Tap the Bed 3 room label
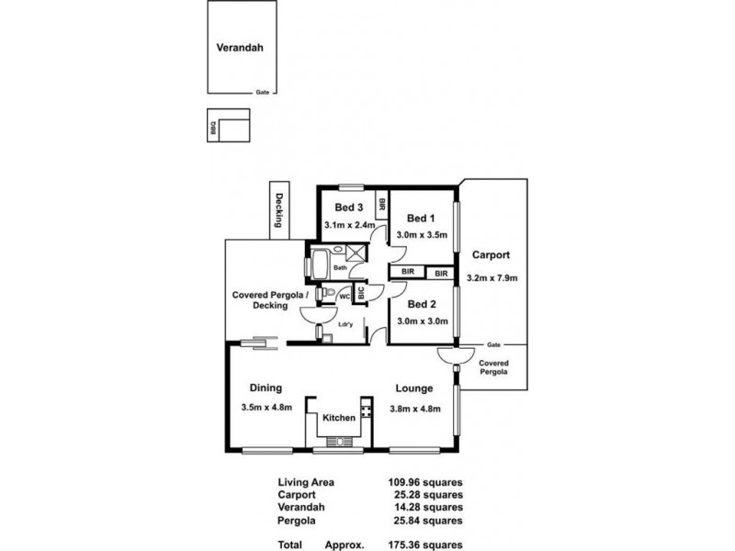click(348, 207)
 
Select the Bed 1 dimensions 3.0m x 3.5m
click(421, 235)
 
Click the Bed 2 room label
click(421, 304)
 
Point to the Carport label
click(491, 255)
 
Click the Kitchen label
click(338, 419)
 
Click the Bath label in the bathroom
click(340, 268)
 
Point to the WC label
click(344, 296)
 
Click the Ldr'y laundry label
click(346, 324)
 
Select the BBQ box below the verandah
click(213, 129)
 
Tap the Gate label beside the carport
click(493, 343)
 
